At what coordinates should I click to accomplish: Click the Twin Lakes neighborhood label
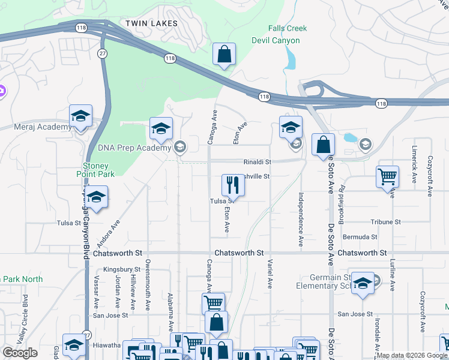click(151, 23)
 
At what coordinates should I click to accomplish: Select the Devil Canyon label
click(276, 40)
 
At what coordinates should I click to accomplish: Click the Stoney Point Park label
click(96, 170)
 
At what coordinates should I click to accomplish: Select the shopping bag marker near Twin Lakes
click(224, 55)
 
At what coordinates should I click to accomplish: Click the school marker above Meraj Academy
click(80, 116)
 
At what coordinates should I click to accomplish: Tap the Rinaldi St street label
click(258, 162)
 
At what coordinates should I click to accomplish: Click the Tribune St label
click(385, 221)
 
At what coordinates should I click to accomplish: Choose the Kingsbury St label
click(121, 269)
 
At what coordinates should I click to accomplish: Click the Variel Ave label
click(270, 275)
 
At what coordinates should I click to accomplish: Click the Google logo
click(20, 353)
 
